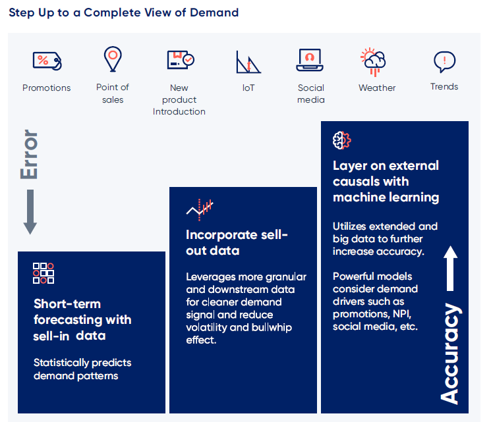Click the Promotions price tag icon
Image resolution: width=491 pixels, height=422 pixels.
[x=46, y=61]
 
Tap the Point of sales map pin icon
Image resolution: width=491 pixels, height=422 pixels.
[x=113, y=59]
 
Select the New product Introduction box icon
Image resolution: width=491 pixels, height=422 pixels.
[x=179, y=60]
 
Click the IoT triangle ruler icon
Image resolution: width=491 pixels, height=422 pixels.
[x=248, y=62]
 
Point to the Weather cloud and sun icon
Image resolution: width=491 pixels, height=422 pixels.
[x=373, y=61]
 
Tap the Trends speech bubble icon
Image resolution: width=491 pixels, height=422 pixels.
[x=444, y=62]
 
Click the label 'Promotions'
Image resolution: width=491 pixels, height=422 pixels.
[x=46, y=88]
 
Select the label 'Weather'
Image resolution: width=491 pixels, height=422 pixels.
[x=377, y=88]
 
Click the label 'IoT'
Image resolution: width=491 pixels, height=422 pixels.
[x=248, y=88]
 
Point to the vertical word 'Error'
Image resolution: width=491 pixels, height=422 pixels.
[x=30, y=155]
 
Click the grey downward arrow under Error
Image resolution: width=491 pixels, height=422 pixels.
[x=30, y=212]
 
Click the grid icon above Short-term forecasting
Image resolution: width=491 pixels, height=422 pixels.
[x=43, y=273]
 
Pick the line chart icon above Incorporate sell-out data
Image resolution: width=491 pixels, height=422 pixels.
[x=200, y=209]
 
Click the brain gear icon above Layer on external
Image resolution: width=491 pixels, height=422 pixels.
[x=342, y=140]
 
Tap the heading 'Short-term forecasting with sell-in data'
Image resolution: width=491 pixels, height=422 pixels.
[x=82, y=320]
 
